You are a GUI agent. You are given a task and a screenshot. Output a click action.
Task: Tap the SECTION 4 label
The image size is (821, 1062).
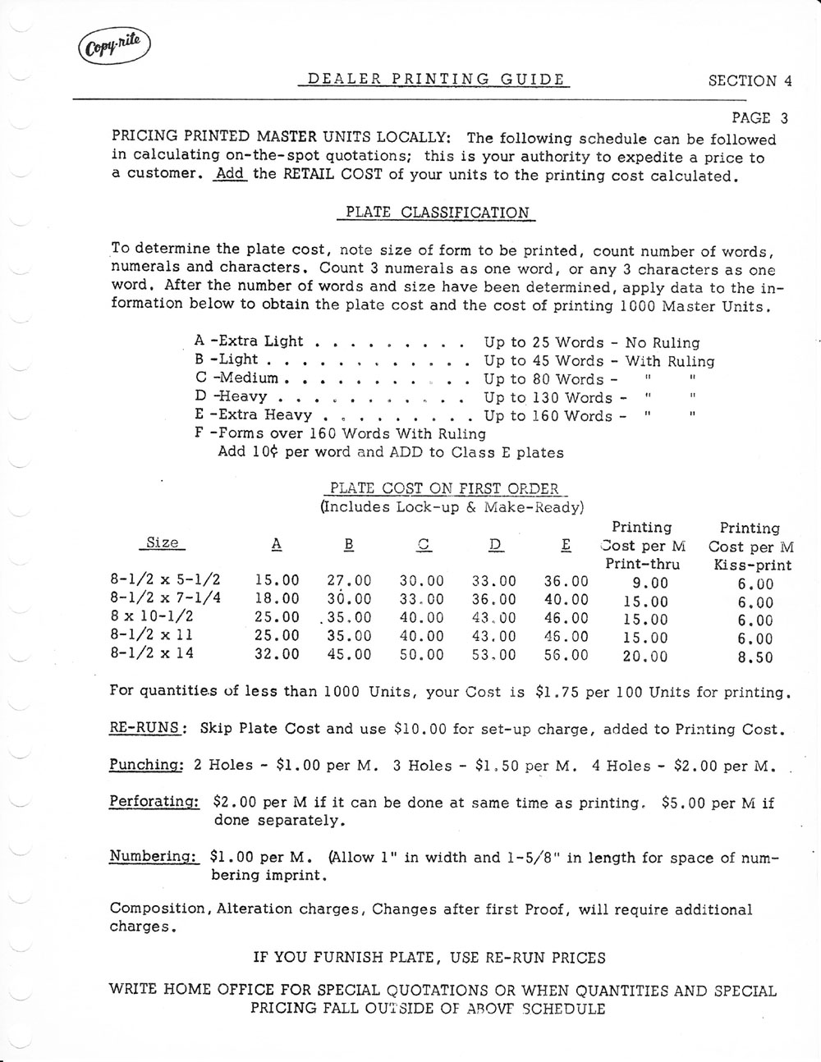[x=750, y=80]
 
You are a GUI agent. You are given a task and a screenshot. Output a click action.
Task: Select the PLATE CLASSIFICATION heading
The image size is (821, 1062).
[x=436, y=212]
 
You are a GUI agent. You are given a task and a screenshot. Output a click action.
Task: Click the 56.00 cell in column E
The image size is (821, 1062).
[x=566, y=655]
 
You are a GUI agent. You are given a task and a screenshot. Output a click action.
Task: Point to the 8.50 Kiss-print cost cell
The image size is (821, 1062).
[x=754, y=657]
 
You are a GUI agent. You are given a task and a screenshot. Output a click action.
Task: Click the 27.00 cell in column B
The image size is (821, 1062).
[x=349, y=581]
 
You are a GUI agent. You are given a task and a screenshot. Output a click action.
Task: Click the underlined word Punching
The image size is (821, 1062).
[x=147, y=765]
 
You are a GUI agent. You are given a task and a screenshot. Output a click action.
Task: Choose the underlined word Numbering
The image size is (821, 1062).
[x=154, y=857]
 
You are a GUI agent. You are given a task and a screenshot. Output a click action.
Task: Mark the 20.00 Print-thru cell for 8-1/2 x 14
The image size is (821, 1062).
[x=646, y=656]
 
